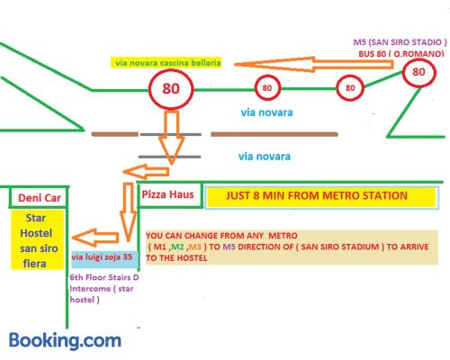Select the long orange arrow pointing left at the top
click(x=313, y=65)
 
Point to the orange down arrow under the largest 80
click(x=172, y=138)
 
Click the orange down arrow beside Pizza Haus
click(x=129, y=211)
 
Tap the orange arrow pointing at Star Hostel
click(x=95, y=238)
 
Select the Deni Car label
click(x=40, y=198)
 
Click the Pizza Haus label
click(x=167, y=194)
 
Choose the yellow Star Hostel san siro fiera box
click(x=38, y=239)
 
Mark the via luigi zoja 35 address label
click(x=102, y=256)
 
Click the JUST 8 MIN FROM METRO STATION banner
click(x=317, y=195)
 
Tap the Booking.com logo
click(x=65, y=340)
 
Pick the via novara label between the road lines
click(x=265, y=157)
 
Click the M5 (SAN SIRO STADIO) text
click(x=400, y=42)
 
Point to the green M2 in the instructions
click(x=177, y=247)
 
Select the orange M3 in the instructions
click(x=194, y=247)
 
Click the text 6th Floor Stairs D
click(x=104, y=277)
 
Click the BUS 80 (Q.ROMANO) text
click(x=401, y=54)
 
